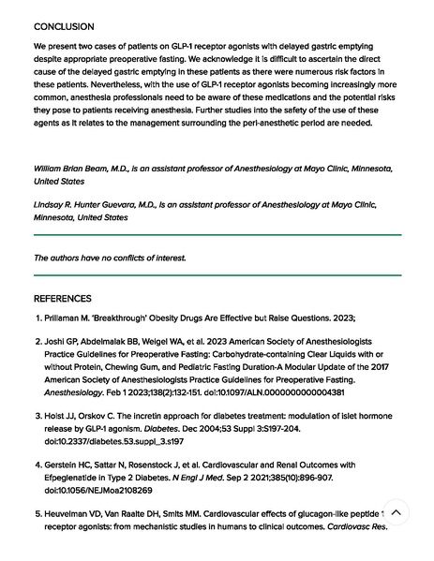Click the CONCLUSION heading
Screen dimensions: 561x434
coord(64,27)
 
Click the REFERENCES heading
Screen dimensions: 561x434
coord(64,299)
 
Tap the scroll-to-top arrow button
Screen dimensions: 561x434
coord(397,512)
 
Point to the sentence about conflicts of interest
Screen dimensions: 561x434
coord(110,258)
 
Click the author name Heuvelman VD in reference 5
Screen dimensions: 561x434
coord(76,514)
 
